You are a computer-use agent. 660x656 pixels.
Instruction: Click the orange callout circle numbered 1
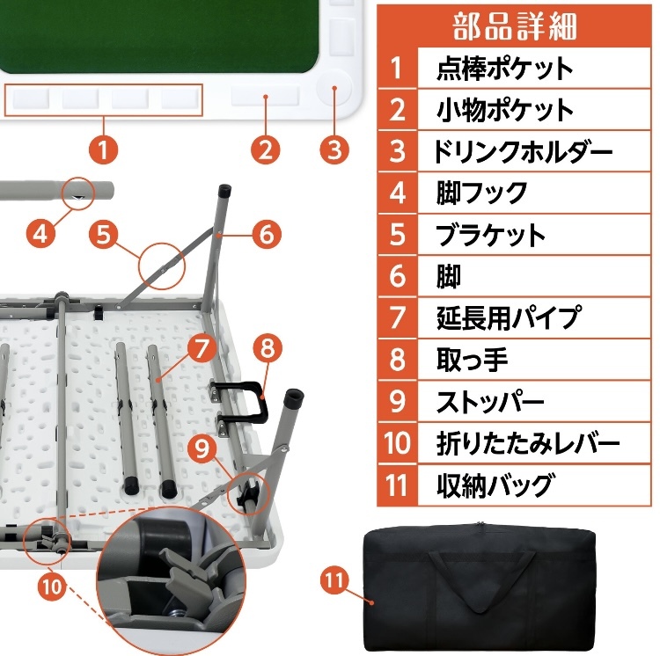pos(105,149)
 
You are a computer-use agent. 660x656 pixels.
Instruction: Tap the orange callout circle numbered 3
pos(332,149)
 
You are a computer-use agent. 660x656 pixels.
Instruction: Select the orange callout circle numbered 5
pos(105,234)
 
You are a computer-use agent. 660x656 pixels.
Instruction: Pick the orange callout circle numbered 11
pos(334,581)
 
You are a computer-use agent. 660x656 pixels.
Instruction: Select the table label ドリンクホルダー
pos(523,151)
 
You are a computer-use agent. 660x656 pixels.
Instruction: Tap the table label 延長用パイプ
pos(509,317)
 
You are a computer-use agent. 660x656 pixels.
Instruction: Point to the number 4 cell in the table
pos(398,193)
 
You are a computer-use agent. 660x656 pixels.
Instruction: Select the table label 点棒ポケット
pos(504,69)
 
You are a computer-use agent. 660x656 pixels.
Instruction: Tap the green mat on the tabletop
pos(158,35)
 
